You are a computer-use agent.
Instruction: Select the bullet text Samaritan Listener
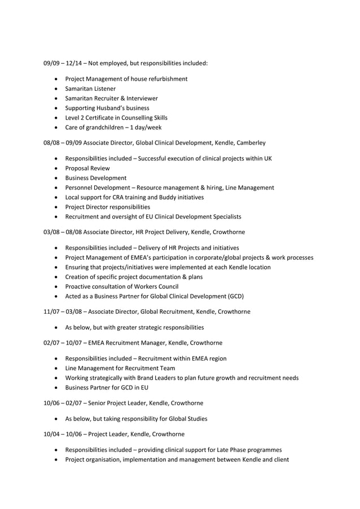90,89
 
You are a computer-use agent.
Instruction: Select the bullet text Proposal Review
87,168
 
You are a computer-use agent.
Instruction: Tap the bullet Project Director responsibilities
108,207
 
